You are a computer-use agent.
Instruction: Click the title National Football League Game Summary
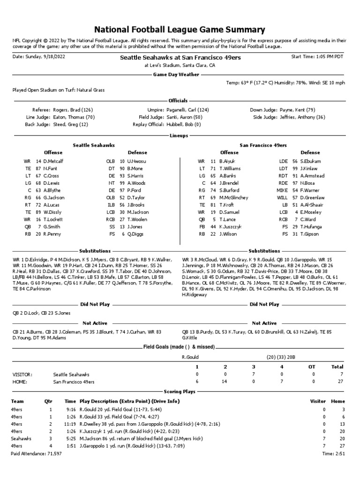coord(180,30)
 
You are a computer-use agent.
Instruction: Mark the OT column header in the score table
coord(313,367)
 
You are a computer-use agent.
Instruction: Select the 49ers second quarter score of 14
coord(225,382)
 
